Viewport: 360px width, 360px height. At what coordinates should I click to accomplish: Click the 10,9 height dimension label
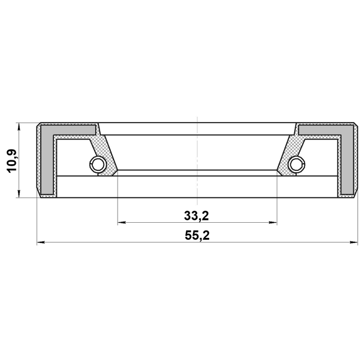coord(12,161)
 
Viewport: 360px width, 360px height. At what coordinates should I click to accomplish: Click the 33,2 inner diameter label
coord(196,216)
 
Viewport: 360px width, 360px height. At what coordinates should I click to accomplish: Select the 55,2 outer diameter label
coord(197,236)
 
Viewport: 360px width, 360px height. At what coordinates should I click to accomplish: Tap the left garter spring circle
coord(98,164)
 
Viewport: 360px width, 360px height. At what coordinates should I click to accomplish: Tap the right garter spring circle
coord(296,164)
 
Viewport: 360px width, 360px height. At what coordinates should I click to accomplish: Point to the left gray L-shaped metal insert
coord(47,159)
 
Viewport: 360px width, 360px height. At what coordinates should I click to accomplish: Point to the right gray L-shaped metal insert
coord(348,159)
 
